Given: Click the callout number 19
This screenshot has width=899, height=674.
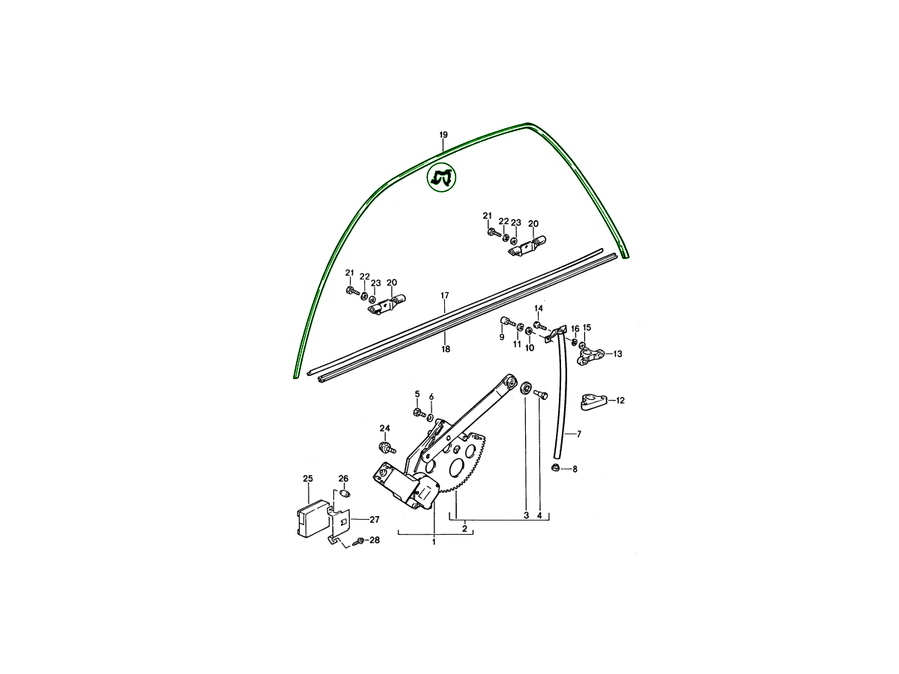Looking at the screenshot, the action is pyautogui.click(x=444, y=135).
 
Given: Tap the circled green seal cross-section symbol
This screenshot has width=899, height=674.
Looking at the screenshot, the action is pyautogui.click(x=441, y=178).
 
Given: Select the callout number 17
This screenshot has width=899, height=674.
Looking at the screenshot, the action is pyautogui.click(x=445, y=295).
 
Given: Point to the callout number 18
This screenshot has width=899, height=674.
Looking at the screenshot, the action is pyautogui.click(x=446, y=349).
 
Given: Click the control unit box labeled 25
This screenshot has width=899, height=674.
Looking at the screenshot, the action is pyautogui.click(x=313, y=517).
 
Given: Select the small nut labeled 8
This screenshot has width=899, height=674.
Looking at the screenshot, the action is pyautogui.click(x=555, y=468).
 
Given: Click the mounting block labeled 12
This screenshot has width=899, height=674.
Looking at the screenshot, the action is pyautogui.click(x=593, y=401).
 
